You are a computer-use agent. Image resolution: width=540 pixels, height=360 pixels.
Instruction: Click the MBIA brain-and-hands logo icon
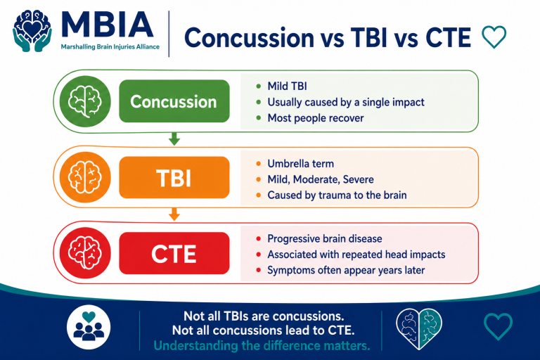coord(32,31)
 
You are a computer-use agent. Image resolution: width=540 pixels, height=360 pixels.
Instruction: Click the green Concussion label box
coord(174,101)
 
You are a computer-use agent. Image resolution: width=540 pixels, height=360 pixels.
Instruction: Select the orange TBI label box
coord(174,177)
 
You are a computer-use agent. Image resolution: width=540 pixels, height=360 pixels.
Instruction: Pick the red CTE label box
coord(174,253)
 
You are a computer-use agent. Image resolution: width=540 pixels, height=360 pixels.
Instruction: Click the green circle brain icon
coord(85,101)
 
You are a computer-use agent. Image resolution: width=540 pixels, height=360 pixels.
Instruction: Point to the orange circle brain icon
coord(85,177)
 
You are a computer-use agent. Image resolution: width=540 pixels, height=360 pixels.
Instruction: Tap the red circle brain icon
coord(85,253)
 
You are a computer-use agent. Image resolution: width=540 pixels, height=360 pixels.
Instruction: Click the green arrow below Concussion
coord(174,139)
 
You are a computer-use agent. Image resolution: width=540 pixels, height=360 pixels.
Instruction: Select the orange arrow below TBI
coord(174,214)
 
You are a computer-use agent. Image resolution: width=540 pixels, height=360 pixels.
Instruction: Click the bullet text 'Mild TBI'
coord(287,86)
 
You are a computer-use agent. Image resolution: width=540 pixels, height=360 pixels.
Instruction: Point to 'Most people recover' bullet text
coord(316,118)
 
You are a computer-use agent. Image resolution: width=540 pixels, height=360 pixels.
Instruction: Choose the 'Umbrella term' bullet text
coord(301,164)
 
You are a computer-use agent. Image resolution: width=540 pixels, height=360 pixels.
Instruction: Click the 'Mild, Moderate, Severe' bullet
coord(321,179)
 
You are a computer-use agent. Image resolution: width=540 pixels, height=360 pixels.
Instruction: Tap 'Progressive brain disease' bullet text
coord(325,239)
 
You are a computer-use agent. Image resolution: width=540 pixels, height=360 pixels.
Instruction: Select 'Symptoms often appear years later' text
coord(346,270)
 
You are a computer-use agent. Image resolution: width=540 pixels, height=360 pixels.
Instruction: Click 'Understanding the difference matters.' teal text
coord(262,345)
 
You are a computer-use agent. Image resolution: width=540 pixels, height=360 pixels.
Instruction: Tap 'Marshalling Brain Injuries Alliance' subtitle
coord(110,47)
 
